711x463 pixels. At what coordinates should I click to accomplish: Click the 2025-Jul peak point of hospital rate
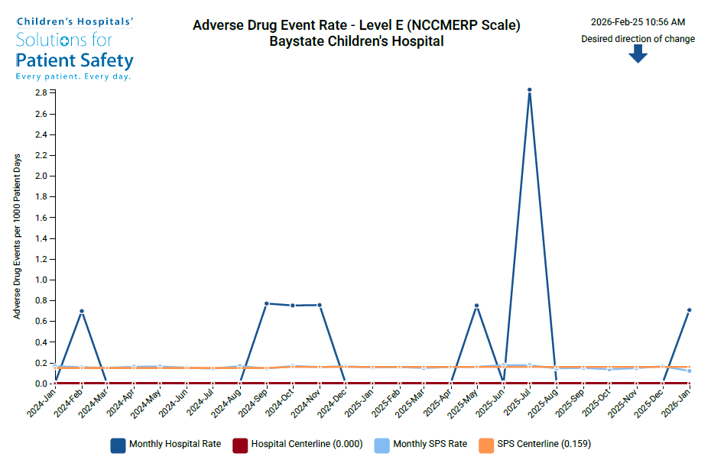pos(529,90)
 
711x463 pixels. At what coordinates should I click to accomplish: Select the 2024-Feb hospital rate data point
pos(81,311)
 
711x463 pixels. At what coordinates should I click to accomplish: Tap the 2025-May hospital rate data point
pos(476,306)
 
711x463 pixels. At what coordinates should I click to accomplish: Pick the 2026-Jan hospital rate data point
pos(690,310)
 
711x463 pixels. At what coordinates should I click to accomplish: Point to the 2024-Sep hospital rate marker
pos(266,303)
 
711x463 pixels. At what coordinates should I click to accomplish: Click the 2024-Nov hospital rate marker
pos(319,305)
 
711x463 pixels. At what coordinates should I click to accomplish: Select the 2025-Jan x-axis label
pos(361,403)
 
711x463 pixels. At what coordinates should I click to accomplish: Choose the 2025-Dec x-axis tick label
pos(651,403)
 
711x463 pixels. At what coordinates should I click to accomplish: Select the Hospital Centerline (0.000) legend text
pos(301,444)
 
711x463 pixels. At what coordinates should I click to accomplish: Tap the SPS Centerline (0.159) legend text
pos(544,444)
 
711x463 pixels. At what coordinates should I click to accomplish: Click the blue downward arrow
pos(638,53)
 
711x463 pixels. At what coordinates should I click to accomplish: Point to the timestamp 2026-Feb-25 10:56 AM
pos(638,22)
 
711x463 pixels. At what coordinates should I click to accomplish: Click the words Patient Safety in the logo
pos(75,60)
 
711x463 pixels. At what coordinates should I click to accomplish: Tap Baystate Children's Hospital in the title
pos(356,41)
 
